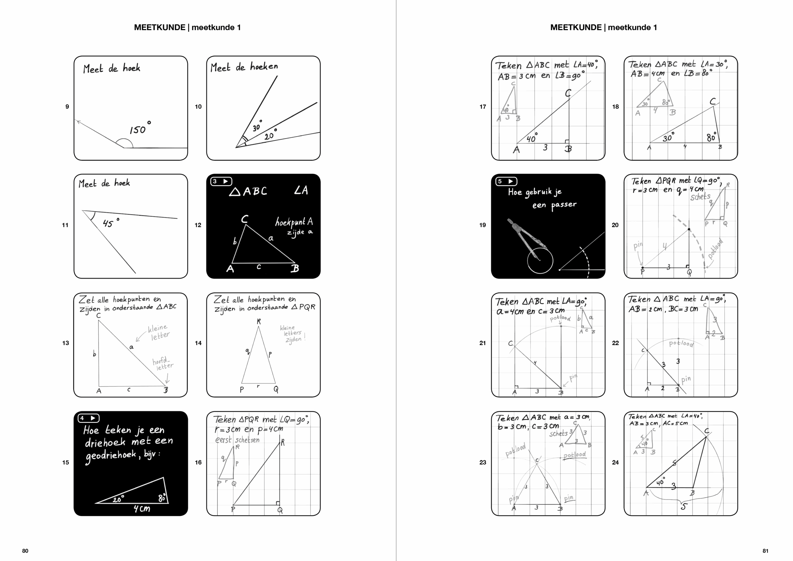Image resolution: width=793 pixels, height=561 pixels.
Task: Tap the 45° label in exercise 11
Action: [x=110, y=223]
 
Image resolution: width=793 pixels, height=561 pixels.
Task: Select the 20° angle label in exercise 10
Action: [x=270, y=135]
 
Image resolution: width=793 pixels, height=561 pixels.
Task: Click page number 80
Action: [x=25, y=551]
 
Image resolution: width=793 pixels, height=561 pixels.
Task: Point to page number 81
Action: [x=765, y=551]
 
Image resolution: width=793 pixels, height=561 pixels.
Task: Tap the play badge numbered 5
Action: [x=506, y=181]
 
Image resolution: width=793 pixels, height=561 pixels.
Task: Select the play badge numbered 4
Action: [x=88, y=418]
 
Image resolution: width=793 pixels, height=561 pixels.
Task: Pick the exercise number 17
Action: [x=483, y=107]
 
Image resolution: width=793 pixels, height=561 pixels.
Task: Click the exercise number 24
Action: [x=615, y=462]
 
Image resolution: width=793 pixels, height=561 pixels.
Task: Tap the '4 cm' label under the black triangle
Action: [x=142, y=508]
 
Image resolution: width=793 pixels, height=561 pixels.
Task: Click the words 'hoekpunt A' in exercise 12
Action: [x=294, y=222]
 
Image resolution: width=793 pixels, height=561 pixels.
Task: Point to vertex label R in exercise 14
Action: [x=259, y=322]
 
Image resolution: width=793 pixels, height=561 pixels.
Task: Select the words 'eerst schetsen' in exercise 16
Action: [x=237, y=440]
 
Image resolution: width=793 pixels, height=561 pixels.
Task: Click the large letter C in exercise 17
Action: [x=568, y=93]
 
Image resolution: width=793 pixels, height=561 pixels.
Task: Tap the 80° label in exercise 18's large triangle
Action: [x=711, y=137]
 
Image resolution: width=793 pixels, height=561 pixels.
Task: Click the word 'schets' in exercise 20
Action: [x=700, y=197]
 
